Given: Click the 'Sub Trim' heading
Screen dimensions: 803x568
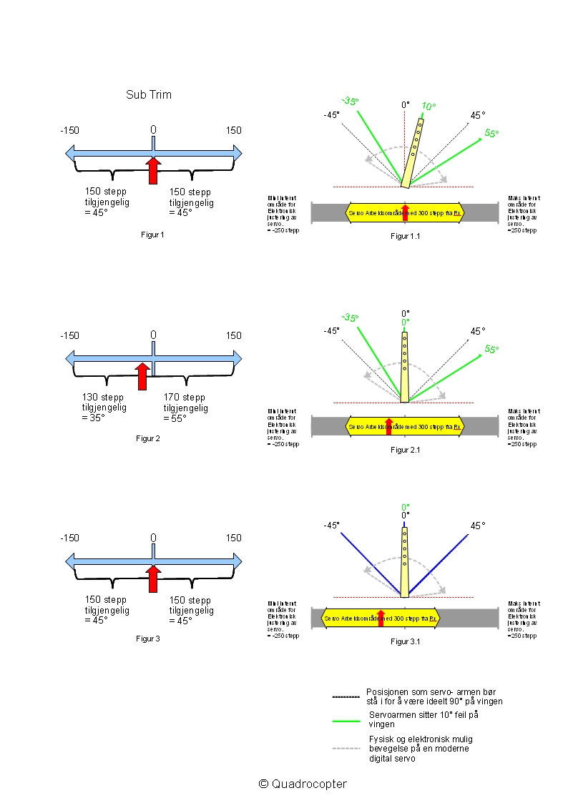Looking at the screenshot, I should point(149,94).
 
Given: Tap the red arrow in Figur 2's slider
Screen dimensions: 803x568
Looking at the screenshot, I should point(142,375).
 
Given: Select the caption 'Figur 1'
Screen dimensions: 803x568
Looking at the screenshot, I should point(152,235).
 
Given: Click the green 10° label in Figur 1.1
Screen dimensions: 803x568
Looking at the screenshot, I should point(428,107).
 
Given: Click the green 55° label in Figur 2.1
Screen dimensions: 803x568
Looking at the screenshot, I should point(491,349).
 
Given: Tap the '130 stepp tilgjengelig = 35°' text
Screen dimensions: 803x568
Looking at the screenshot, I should point(104,408).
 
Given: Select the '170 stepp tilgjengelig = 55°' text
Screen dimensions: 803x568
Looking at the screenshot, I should point(186,408).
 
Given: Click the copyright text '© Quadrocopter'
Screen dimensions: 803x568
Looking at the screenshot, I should point(303,784).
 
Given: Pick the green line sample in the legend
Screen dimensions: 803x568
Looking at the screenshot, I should point(346,721).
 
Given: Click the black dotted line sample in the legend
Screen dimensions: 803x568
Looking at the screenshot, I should point(346,696).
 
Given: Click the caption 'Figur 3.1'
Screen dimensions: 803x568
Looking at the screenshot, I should point(405,641).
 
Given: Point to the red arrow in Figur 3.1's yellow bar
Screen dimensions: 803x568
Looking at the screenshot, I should point(381,618).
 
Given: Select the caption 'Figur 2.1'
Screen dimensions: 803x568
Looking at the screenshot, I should point(405,450).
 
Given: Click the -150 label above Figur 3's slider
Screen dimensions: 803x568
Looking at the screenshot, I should point(69,538).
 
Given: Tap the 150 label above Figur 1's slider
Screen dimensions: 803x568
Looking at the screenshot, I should point(234,130).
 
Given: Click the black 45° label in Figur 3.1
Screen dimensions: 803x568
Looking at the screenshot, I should point(477,526).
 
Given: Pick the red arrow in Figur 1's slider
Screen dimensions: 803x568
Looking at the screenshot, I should point(153,171).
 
